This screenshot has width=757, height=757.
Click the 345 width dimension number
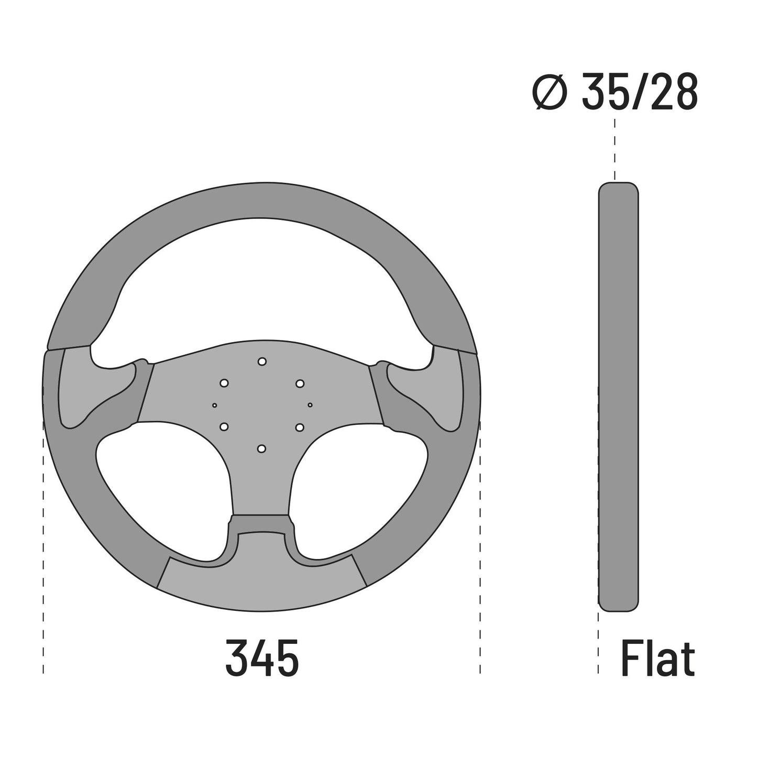tap(262, 657)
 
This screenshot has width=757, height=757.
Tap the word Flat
tap(657, 657)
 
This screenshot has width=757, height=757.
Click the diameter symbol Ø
tap(550, 92)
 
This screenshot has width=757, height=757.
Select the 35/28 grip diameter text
tap(640, 91)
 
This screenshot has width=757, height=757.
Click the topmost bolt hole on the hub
tap(262, 361)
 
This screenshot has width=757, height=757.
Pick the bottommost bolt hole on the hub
tap(261, 448)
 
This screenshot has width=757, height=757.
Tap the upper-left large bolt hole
tap(224, 383)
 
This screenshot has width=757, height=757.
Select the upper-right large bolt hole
tap(300, 383)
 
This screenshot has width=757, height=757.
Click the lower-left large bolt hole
tap(224, 426)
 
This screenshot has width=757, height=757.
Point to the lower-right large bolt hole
tap(299, 426)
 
